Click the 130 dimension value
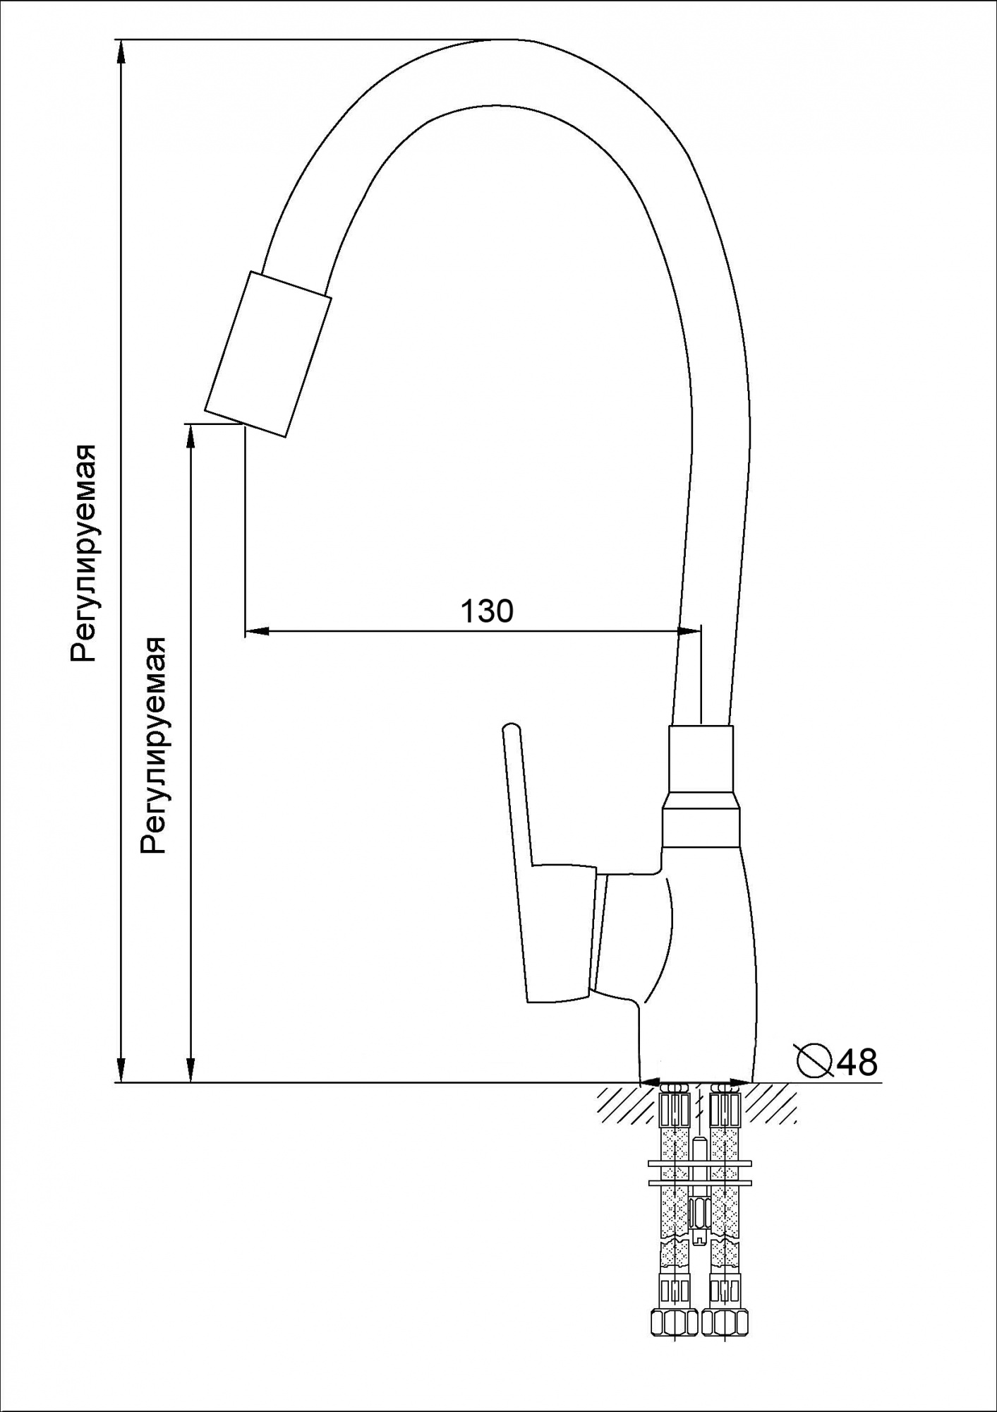coord(487,611)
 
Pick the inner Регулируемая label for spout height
coord(153,745)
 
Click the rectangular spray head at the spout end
coord(268,354)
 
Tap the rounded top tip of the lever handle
coord(510,729)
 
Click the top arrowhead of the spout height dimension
coord(189,438)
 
